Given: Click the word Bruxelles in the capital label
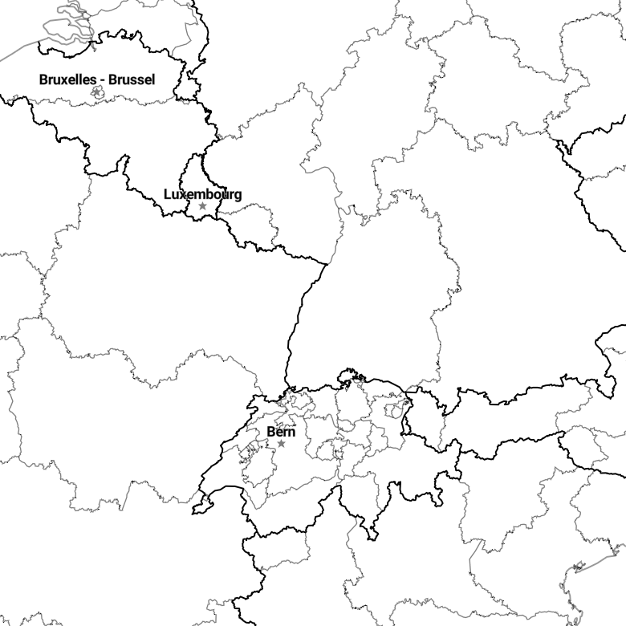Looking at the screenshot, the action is (x=68, y=79).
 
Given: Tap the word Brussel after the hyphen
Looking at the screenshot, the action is (x=132, y=79).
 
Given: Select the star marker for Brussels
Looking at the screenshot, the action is (x=96, y=92).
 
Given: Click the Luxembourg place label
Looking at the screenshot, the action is (x=203, y=194).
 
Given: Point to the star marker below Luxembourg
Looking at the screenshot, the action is (x=203, y=205).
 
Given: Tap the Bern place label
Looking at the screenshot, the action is (x=281, y=432).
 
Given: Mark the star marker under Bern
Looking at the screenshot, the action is (x=281, y=443).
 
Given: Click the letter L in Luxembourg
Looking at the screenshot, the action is (x=168, y=194).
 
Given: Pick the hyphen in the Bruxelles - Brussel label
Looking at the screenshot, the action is (x=102, y=80).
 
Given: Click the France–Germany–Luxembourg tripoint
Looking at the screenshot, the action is (x=217, y=218).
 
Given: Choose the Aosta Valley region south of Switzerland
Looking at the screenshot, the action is (x=278, y=553).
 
